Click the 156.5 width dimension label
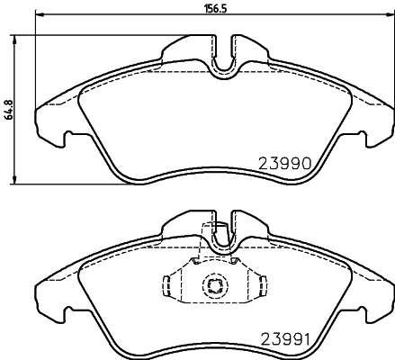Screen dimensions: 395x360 click(215, 9)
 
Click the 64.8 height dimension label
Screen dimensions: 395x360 click(9, 110)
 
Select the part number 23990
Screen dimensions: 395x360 click(284, 164)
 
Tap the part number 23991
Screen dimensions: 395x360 click(285, 340)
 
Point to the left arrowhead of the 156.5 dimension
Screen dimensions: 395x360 click(40, 13)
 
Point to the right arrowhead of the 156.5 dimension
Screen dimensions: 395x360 click(391, 13)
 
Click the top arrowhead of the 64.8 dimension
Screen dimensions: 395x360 click(13, 40)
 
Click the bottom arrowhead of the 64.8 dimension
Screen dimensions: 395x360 click(13, 179)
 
